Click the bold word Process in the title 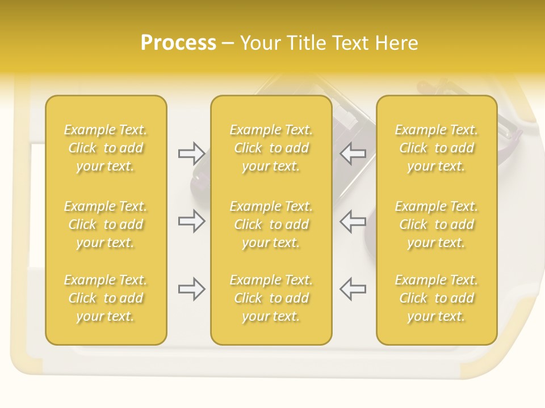178,42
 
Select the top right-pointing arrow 191,153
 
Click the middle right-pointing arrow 191,221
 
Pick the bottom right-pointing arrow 191,289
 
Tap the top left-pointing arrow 353,153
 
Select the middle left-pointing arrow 353,221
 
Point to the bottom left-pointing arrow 353,289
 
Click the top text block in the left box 106,148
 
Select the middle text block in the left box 106,224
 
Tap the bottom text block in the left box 106,298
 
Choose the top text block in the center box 271,148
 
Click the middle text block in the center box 271,224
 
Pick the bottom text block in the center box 271,298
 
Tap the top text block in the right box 437,148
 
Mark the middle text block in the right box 437,224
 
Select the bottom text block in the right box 437,298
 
